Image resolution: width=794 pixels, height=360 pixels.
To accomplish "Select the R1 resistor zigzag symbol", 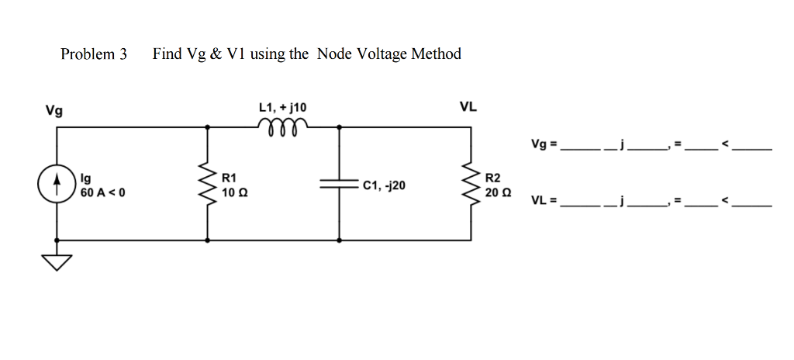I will tap(207, 185).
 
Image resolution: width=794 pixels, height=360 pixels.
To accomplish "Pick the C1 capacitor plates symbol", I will tap(339, 185).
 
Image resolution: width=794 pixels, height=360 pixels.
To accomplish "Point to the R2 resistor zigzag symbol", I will tap(469, 185).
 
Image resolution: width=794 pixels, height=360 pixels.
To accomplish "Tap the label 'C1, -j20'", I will tap(383, 185).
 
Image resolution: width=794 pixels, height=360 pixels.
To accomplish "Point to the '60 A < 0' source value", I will tap(102, 192).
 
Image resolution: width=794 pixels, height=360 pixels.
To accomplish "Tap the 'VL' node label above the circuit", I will tap(468, 107).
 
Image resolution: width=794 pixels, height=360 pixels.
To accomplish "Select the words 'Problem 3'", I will tap(94, 54).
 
